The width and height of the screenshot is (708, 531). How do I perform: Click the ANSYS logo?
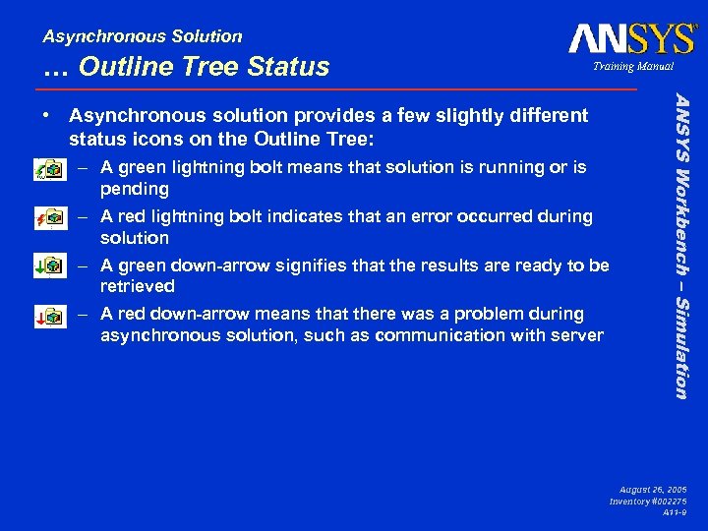pos(631,39)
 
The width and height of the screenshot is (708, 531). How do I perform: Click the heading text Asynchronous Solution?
pos(143,36)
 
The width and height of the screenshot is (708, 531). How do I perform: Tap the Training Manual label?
pos(633,67)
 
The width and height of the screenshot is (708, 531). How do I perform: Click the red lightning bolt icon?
pos(47,218)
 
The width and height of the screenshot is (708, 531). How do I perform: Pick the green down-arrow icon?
pos(47,266)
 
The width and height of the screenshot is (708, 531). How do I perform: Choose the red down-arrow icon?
pos(47,315)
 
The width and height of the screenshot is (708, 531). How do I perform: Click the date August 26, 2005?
pos(653,489)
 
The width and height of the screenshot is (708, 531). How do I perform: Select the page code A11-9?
pos(674,512)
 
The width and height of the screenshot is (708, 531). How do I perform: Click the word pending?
pos(135,189)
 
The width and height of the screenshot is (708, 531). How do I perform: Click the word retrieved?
pos(138,286)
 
